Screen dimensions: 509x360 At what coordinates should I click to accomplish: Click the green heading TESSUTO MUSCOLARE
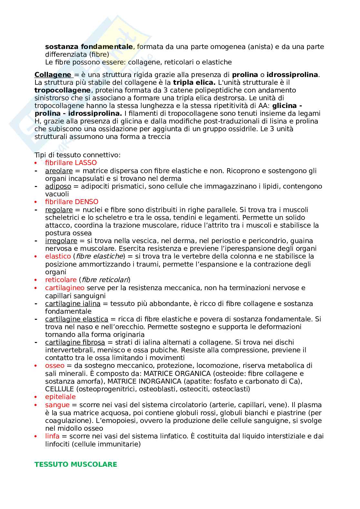pyautogui.click(x=76, y=465)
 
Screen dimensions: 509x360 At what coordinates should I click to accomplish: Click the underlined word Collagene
pyautogui.click(x=53, y=75)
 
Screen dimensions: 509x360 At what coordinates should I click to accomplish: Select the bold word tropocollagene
pyautogui.click(x=62, y=90)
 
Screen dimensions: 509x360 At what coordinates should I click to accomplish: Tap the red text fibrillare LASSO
pyautogui.click(x=71, y=163)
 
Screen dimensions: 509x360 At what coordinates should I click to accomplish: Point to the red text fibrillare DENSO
pyautogui.click(x=72, y=202)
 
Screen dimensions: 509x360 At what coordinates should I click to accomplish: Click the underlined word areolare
pyautogui.click(x=59, y=171)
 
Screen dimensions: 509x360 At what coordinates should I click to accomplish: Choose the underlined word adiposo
pyautogui.click(x=58, y=186)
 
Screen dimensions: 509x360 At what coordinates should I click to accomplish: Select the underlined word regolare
pyautogui.click(x=59, y=210)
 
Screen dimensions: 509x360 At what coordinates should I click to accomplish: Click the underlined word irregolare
pyautogui.click(x=61, y=241)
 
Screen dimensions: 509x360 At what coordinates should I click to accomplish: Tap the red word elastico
pyautogui.click(x=58, y=256)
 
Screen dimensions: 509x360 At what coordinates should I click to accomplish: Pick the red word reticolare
pyautogui.click(x=61, y=280)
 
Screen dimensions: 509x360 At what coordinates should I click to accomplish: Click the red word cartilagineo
pyautogui.click(x=65, y=288)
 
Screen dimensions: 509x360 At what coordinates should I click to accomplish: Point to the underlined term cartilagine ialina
pyautogui.click(x=73, y=304)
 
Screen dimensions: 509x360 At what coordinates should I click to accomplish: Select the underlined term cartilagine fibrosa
pyautogui.click(x=75, y=342)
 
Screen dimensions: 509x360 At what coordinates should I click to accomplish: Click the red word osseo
pyautogui.click(x=55, y=366)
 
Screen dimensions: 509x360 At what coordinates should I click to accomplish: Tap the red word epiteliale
pyautogui.click(x=60, y=397)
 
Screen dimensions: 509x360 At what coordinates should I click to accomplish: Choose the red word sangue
pyautogui.click(x=57, y=405)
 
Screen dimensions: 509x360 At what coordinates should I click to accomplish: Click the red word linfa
pyautogui.click(x=52, y=436)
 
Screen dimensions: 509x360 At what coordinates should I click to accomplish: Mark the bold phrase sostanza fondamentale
pyautogui.click(x=89, y=47)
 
